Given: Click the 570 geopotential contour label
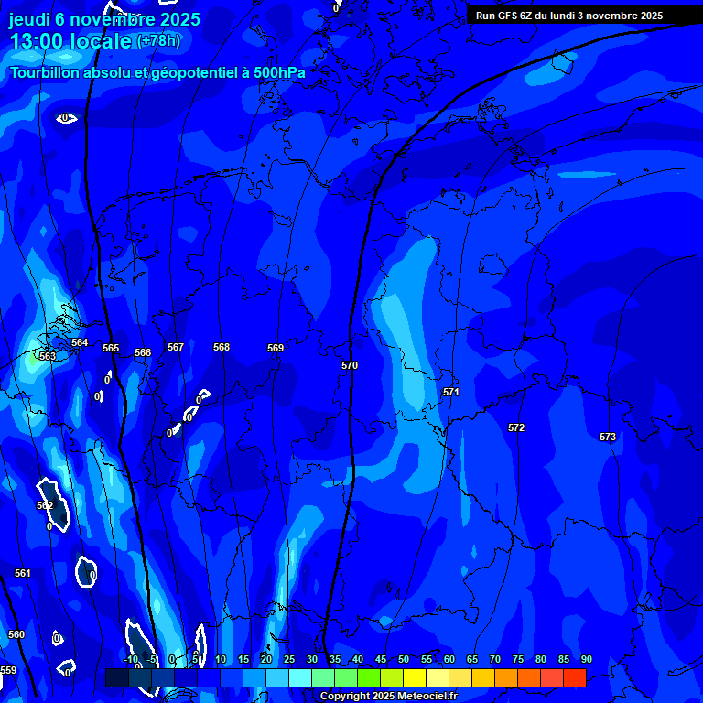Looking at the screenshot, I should click(350, 365).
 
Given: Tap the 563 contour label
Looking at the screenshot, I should click(48, 356).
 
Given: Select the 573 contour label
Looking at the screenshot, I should click(608, 437).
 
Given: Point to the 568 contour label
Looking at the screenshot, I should click(222, 347).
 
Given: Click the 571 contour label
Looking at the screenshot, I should click(451, 392).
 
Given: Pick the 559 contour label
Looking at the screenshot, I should click(8, 670).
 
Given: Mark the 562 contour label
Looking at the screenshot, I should click(45, 505).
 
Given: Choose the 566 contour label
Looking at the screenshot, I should click(143, 352).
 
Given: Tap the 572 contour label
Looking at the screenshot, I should click(516, 427).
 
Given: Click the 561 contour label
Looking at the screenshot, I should click(23, 573).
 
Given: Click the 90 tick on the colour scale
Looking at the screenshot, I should click(586, 659).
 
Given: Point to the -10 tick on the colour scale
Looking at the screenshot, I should click(130, 659).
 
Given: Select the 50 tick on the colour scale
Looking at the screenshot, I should click(404, 659).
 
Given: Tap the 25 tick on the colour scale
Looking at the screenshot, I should click(289, 659).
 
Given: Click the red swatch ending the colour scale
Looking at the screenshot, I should click(574, 677).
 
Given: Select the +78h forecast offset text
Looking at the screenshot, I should click(158, 40).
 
